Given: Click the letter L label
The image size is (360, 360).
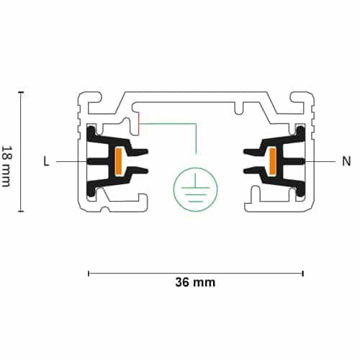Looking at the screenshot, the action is coord(46,161).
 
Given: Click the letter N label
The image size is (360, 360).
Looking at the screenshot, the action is coord(346,161).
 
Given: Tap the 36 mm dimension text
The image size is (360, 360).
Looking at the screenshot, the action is coord(195,282).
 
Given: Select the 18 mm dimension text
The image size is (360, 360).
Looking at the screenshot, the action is coord(6,166).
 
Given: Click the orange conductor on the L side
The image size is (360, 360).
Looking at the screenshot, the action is coord(119,161).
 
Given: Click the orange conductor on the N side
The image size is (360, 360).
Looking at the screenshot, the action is coord(272,161).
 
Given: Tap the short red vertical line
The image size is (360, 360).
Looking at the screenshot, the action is coord(139,123).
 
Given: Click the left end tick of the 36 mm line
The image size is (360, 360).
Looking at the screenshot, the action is coord(89,274).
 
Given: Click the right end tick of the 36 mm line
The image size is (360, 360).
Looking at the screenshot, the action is coord(303,274).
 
